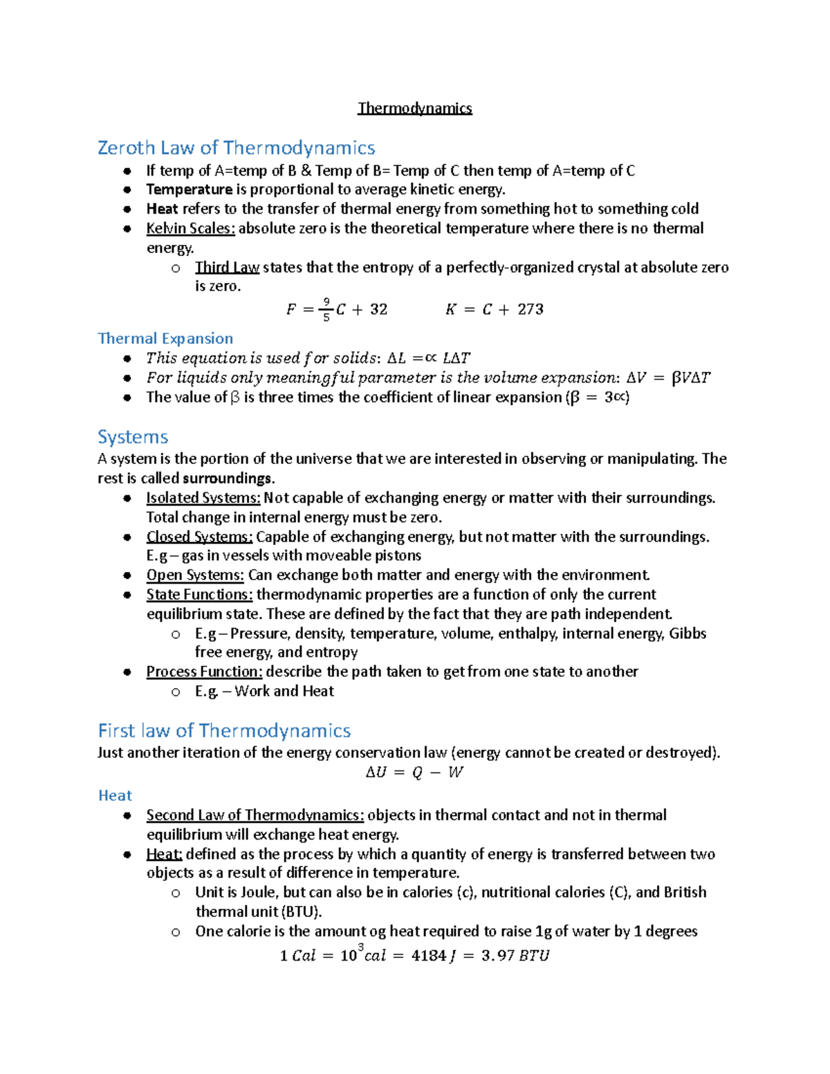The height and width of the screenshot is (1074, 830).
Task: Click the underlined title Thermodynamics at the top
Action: tap(414, 109)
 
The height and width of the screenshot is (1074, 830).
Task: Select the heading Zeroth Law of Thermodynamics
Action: tap(236, 148)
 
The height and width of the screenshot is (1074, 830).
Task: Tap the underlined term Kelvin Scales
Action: tap(190, 228)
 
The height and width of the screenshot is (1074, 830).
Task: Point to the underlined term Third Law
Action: tap(227, 268)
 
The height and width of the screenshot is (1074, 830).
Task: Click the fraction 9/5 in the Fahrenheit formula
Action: tap(326, 310)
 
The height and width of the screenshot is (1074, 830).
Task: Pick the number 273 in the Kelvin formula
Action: tap(531, 309)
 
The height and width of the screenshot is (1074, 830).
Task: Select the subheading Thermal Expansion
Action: tap(165, 338)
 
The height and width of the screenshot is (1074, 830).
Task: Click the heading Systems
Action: tap(133, 437)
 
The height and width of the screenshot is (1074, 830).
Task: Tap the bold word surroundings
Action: tap(228, 479)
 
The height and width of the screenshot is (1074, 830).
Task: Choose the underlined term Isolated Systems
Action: tap(203, 498)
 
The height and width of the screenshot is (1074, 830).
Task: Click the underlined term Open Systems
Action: tap(195, 575)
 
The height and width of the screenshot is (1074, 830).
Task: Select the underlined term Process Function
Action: tap(204, 672)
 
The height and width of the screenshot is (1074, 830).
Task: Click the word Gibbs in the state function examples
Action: tap(688, 633)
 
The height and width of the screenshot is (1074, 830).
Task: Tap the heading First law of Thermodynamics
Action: tap(224, 731)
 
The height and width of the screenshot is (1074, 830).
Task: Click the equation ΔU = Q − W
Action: tap(414, 772)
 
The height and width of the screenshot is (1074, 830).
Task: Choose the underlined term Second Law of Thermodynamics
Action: tap(255, 815)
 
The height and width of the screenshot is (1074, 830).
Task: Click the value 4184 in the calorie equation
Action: tap(429, 956)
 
